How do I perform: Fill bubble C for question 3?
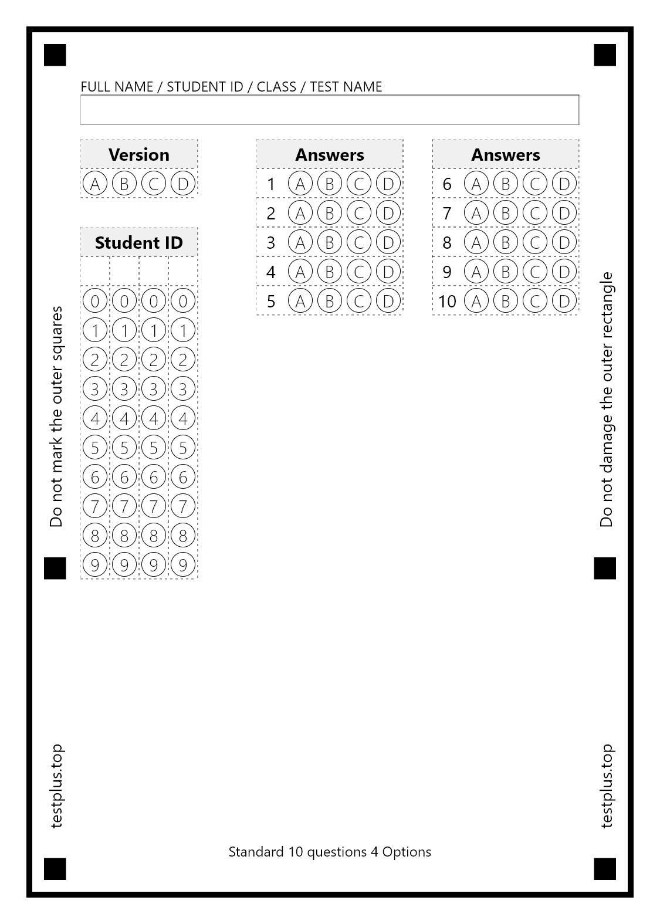click(359, 242)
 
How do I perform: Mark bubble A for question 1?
click(300, 184)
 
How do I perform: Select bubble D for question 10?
click(564, 301)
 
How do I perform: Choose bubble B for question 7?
click(506, 213)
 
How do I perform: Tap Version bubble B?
click(124, 184)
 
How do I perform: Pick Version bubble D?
click(183, 184)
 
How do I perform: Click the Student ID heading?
click(139, 242)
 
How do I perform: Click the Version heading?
click(139, 154)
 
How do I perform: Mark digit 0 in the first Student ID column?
click(95, 301)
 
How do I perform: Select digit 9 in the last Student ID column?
click(183, 565)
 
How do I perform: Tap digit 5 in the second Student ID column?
click(124, 448)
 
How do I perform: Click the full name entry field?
click(330, 110)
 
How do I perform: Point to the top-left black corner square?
click(55, 55)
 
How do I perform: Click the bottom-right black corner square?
click(605, 869)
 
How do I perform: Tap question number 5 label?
click(271, 301)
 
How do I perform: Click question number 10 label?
click(447, 301)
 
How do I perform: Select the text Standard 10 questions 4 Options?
click(330, 852)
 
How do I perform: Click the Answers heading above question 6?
click(506, 154)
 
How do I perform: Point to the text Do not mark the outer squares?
click(56, 417)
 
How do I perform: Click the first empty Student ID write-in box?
click(95, 271)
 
